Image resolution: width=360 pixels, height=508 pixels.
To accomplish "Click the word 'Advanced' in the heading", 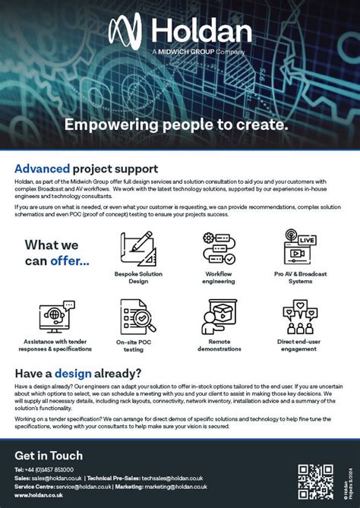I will [43, 169].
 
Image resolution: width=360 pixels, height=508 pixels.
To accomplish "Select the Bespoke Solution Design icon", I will [138, 248].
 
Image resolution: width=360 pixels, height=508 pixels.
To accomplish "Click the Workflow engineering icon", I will [219, 248].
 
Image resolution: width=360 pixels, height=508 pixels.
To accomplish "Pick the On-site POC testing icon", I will [138, 317].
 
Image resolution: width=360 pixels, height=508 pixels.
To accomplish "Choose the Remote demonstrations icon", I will [219, 317].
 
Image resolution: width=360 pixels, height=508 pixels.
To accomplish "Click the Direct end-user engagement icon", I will [299, 317].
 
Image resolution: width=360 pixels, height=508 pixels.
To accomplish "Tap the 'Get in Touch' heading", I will [49, 456].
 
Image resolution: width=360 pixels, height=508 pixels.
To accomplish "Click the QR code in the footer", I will [316, 481].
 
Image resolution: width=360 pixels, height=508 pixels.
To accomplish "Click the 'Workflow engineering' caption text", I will [219, 276].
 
